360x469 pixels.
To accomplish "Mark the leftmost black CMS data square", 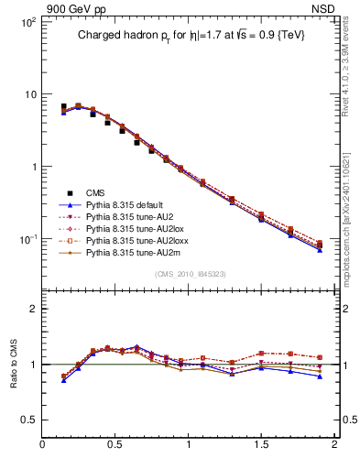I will [x=63, y=107].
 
